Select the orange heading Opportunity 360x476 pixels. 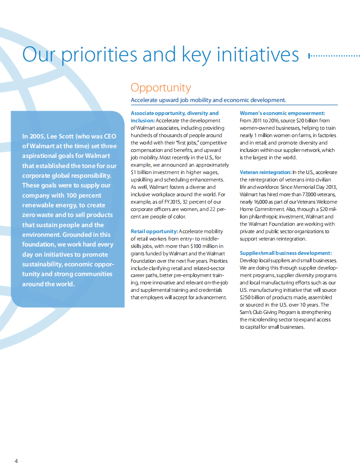click(x=160, y=87)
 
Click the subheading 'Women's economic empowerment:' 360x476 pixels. click(x=282, y=113)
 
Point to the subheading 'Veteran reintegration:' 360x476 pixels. click(x=265, y=172)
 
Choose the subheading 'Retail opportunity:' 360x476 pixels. click(x=154, y=231)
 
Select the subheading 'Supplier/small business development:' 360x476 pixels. click(x=286, y=253)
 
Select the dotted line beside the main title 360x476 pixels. click(x=334, y=56)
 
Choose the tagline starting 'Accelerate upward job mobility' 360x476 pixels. click(x=208, y=100)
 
